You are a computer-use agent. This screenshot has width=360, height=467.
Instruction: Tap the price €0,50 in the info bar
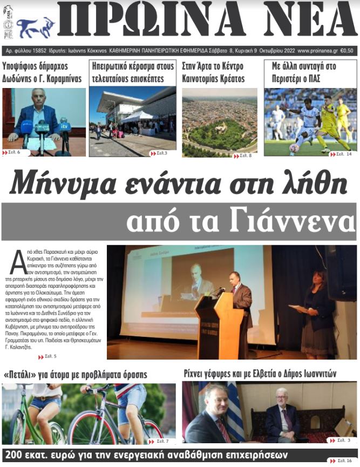pyautogui.click(x=348, y=51)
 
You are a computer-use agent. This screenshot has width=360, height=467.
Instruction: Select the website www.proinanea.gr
pyautogui.click(x=317, y=51)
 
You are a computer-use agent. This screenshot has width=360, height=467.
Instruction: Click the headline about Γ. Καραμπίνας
pyautogui.click(x=42, y=72)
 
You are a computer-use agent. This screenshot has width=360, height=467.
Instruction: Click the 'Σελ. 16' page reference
pyautogui.click(x=343, y=461)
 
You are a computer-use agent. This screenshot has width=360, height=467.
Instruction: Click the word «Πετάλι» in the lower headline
pyautogui.click(x=22, y=374)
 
